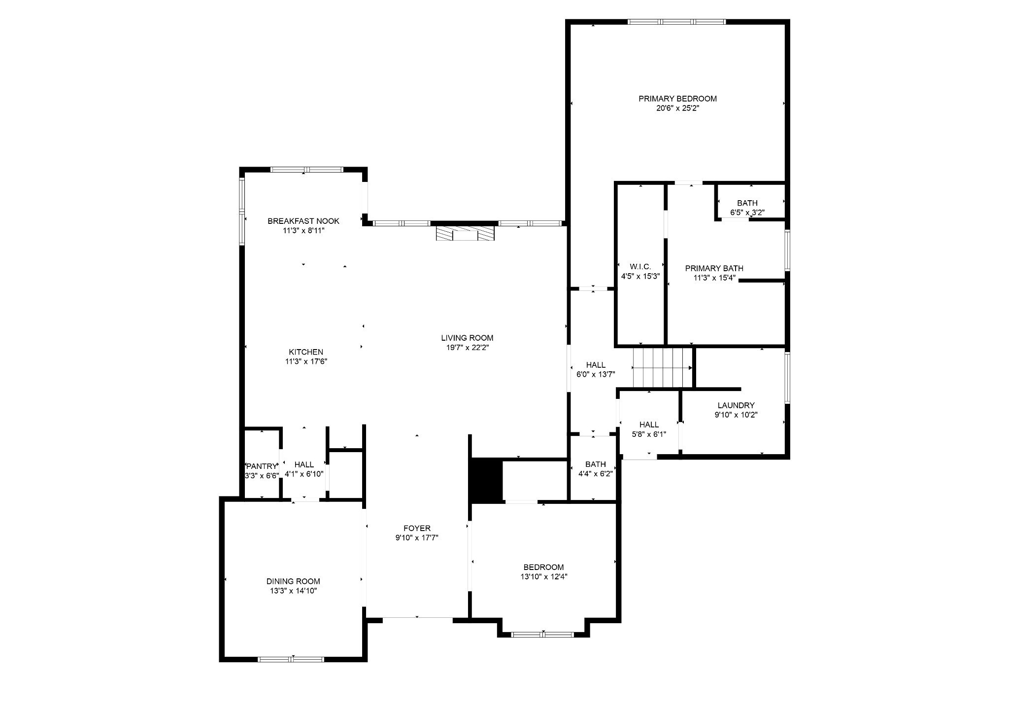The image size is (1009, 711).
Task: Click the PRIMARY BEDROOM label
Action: tap(677, 99)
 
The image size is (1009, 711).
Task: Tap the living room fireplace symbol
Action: tap(465, 233)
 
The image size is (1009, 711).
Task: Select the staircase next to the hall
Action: tap(663, 368)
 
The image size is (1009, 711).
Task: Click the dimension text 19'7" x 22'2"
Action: tap(467, 347)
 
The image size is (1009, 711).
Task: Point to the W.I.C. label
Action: tap(640, 267)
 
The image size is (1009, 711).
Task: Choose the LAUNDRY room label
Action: tap(736, 405)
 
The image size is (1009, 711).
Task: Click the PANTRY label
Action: tap(262, 466)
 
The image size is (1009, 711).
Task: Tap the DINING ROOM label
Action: tap(293, 581)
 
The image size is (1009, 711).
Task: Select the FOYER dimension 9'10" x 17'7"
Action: tap(417, 538)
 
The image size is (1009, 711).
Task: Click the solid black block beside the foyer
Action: tap(486, 480)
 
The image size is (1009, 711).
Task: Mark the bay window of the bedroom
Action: tap(543, 635)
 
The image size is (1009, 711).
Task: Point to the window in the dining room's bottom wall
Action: tap(292, 659)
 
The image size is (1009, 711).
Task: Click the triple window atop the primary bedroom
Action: tap(676, 22)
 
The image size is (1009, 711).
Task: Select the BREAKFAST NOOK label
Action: tap(303, 221)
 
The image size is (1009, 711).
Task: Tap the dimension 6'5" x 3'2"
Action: tap(747, 213)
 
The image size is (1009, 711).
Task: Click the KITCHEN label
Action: tap(306, 352)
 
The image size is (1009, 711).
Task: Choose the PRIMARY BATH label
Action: tap(714, 268)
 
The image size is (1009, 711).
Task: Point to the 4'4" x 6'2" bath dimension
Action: tap(595, 474)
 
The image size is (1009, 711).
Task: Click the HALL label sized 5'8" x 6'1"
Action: tap(649, 425)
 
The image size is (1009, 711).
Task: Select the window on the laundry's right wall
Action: tap(787, 378)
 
